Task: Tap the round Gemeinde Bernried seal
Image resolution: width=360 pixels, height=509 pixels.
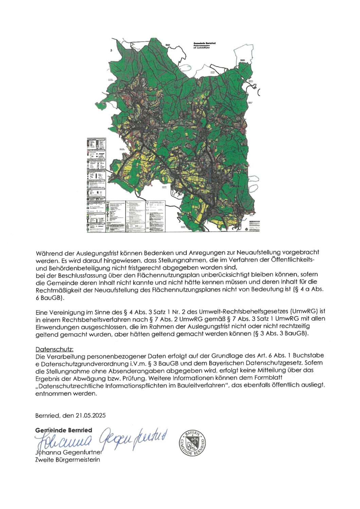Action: click(193, 443)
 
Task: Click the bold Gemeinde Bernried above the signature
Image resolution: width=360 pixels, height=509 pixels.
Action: click(64, 430)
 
